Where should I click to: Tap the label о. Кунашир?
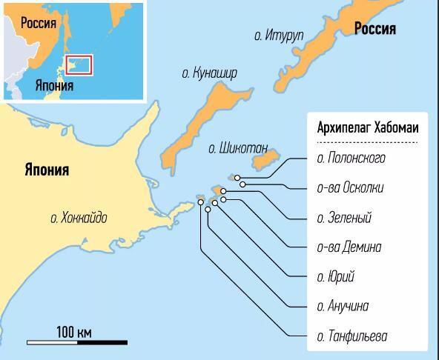(209, 73)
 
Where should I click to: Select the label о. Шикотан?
(238, 147)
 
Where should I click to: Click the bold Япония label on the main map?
(45, 170)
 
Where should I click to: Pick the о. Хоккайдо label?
(79, 218)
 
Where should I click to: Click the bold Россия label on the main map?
(374, 29)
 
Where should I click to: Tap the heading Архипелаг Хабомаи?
(367, 128)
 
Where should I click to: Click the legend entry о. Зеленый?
(344, 218)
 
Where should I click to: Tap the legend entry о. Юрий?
(335, 277)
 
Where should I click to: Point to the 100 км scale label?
(74, 330)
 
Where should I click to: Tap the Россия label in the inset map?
(39, 23)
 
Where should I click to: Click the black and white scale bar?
(77, 342)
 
